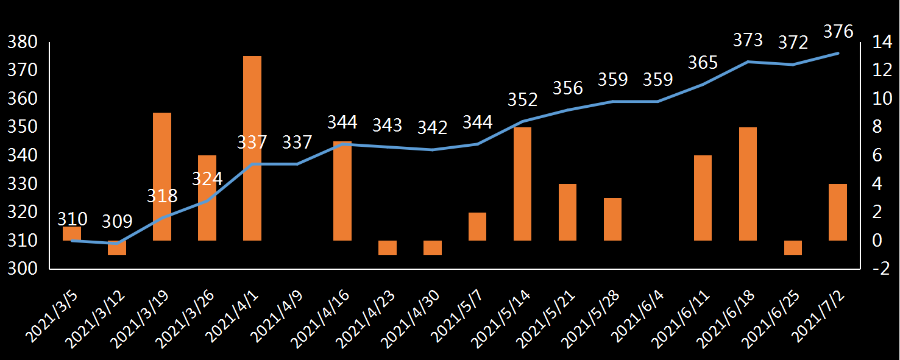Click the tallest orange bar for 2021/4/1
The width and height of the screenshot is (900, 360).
point(252,148)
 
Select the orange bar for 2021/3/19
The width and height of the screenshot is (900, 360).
point(162,177)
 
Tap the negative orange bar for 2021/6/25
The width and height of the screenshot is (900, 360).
point(793,248)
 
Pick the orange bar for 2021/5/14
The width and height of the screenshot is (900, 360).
point(523,184)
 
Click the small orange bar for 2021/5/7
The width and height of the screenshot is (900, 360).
point(478,227)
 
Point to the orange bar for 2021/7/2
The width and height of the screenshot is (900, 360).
point(838,212)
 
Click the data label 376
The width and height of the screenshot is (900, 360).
point(838,31)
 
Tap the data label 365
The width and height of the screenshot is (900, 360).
point(703,62)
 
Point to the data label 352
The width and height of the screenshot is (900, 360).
point(523,99)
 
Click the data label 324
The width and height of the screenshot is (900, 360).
point(207,178)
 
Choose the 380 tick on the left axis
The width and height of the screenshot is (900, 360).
point(23,42)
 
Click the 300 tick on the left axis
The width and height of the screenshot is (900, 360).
point(23,269)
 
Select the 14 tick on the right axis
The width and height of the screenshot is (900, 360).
point(877,42)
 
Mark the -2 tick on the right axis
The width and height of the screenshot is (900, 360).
point(877,269)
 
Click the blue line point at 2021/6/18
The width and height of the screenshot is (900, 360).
point(748,62)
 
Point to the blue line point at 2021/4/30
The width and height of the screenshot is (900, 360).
point(433,149)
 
